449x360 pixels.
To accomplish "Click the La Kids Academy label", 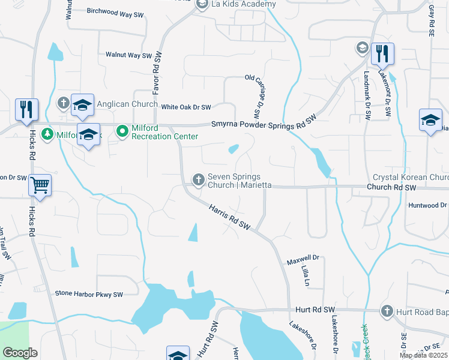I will (x=243, y=4).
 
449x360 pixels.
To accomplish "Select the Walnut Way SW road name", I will (x=128, y=55).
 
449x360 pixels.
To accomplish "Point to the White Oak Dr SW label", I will (x=186, y=107).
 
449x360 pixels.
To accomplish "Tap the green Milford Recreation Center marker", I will (x=122, y=130).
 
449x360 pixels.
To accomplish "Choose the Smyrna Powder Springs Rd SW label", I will (x=264, y=124).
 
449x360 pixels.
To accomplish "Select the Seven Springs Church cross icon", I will (x=198, y=179).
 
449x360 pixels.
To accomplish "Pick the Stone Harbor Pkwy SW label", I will (x=88, y=294).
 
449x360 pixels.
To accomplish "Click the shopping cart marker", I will (x=40, y=186).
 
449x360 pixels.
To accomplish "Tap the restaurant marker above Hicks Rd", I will (x=26, y=110).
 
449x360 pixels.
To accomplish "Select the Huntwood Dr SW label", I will (x=427, y=205).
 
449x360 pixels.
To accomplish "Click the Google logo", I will (x=20, y=353).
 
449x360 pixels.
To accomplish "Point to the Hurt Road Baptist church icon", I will (x=387, y=311).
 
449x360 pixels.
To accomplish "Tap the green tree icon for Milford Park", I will (x=47, y=135).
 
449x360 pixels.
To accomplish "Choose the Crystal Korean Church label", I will (x=411, y=178).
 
